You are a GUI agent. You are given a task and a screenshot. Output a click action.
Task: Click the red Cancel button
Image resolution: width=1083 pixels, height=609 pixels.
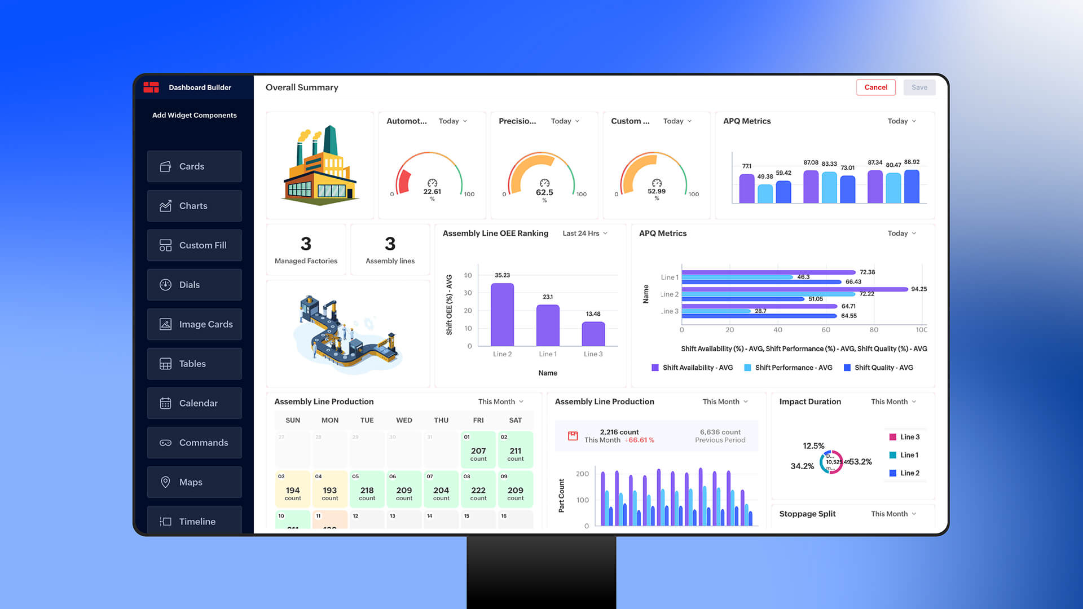[875, 87]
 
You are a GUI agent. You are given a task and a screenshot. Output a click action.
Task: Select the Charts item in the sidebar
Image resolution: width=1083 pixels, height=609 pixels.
[194, 206]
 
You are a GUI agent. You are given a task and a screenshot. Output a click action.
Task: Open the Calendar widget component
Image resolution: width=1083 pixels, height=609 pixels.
[194, 403]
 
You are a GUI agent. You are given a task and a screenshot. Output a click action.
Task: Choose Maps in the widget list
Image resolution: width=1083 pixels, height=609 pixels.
[194, 482]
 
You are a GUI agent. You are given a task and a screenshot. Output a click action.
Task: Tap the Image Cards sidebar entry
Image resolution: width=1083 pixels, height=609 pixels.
[194, 324]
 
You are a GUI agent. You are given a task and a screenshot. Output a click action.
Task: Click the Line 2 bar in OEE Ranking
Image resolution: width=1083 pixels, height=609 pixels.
[502, 315]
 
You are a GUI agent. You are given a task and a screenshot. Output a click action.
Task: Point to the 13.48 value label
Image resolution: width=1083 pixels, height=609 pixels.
[593, 314]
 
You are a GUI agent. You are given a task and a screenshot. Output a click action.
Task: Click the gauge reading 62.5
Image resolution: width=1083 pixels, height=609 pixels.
[544, 192]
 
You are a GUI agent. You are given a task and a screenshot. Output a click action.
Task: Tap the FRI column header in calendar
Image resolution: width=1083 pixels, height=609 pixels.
[478, 420]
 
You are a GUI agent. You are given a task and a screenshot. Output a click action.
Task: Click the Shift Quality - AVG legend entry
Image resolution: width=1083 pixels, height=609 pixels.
[878, 368]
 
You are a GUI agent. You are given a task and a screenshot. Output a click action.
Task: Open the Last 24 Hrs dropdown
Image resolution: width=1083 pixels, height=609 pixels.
[585, 233]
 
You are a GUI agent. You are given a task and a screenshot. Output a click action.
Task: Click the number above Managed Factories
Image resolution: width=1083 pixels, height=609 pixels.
[306, 244]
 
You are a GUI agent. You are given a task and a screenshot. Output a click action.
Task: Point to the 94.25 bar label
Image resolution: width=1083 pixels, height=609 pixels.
[918, 289]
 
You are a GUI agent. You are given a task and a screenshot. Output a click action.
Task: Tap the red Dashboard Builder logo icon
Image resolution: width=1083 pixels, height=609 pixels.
[151, 87]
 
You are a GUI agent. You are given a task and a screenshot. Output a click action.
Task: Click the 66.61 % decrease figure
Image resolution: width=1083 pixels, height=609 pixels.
[641, 440]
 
